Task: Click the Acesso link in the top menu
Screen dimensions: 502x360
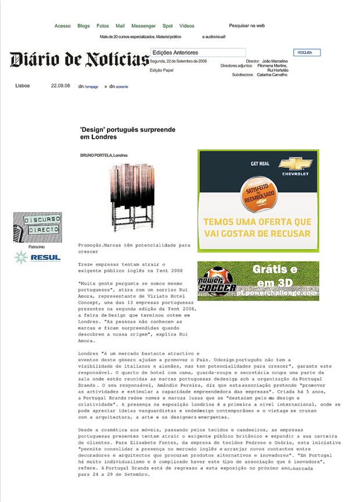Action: (x=63, y=26)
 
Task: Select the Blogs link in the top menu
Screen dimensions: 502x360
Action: (x=84, y=26)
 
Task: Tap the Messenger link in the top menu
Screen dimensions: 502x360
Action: (x=143, y=26)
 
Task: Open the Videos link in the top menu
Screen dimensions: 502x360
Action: (x=187, y=26)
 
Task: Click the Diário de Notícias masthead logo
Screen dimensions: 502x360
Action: (x=79, y=59)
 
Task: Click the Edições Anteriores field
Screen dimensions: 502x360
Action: (x=197, y=53)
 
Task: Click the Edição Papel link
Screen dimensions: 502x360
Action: (x=161, y=70)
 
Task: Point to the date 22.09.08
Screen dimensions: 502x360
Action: (x=60, y=86)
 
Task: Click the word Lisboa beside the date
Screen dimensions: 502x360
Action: (x=22, y=86)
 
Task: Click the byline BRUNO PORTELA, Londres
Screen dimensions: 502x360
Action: (x=104, y=155)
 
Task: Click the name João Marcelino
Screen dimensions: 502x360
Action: (x=275, y=60)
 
